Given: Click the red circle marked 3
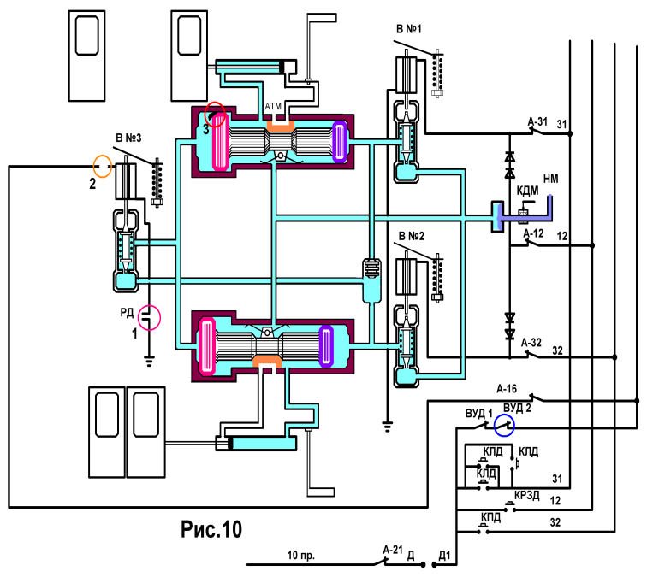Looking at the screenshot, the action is (205, 114).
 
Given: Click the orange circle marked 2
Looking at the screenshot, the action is (93, 166).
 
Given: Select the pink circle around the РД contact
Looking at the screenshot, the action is (139, 318).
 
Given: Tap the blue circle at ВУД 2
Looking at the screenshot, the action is (495, 425).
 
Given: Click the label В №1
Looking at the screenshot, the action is (408, 29).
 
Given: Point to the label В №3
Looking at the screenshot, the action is (128, 138).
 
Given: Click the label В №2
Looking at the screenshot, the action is (412, 236).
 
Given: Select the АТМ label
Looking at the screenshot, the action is (273, 106).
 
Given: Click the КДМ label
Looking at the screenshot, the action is (527, 191).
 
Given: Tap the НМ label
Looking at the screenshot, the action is (551, 179).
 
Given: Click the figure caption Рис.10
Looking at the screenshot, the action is (211, 529).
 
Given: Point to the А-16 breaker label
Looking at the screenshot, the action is (507, 389).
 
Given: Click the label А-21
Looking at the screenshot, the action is (393, 550).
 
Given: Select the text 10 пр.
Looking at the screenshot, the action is (300, 555).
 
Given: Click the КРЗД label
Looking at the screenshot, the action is (527, 495).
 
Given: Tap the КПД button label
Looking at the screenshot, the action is (490, 517).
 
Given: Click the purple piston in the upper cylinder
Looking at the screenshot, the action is (339, 141).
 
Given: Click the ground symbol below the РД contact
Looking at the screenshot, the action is (150, 361).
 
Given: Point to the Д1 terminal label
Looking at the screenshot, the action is (444, 556).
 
